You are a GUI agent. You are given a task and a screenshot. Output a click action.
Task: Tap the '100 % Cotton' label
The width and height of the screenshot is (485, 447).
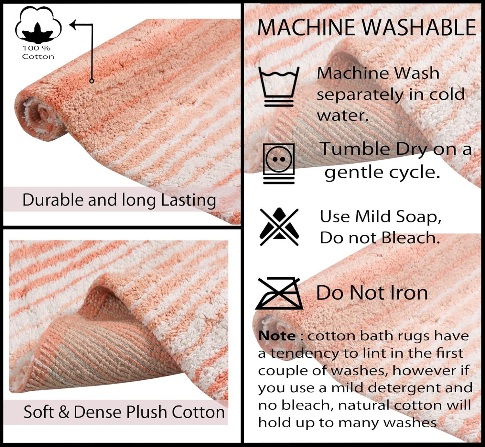38,52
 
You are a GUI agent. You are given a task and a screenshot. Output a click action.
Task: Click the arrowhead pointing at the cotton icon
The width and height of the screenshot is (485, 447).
74,24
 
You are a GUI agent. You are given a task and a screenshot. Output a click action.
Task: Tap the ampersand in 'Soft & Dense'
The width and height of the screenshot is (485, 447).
64,412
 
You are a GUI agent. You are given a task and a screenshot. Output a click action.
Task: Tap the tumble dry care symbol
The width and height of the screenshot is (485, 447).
279,163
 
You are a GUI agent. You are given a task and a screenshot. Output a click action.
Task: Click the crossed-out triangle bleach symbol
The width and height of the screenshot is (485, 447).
279,227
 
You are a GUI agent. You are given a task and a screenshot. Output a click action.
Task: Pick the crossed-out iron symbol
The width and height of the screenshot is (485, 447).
279,293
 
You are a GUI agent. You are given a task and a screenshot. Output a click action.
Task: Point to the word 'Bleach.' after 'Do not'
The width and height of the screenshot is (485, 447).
411,238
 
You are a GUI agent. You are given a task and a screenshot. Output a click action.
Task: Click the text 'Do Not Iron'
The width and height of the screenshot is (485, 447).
372,293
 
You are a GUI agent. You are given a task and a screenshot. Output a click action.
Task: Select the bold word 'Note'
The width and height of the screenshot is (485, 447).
277,336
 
